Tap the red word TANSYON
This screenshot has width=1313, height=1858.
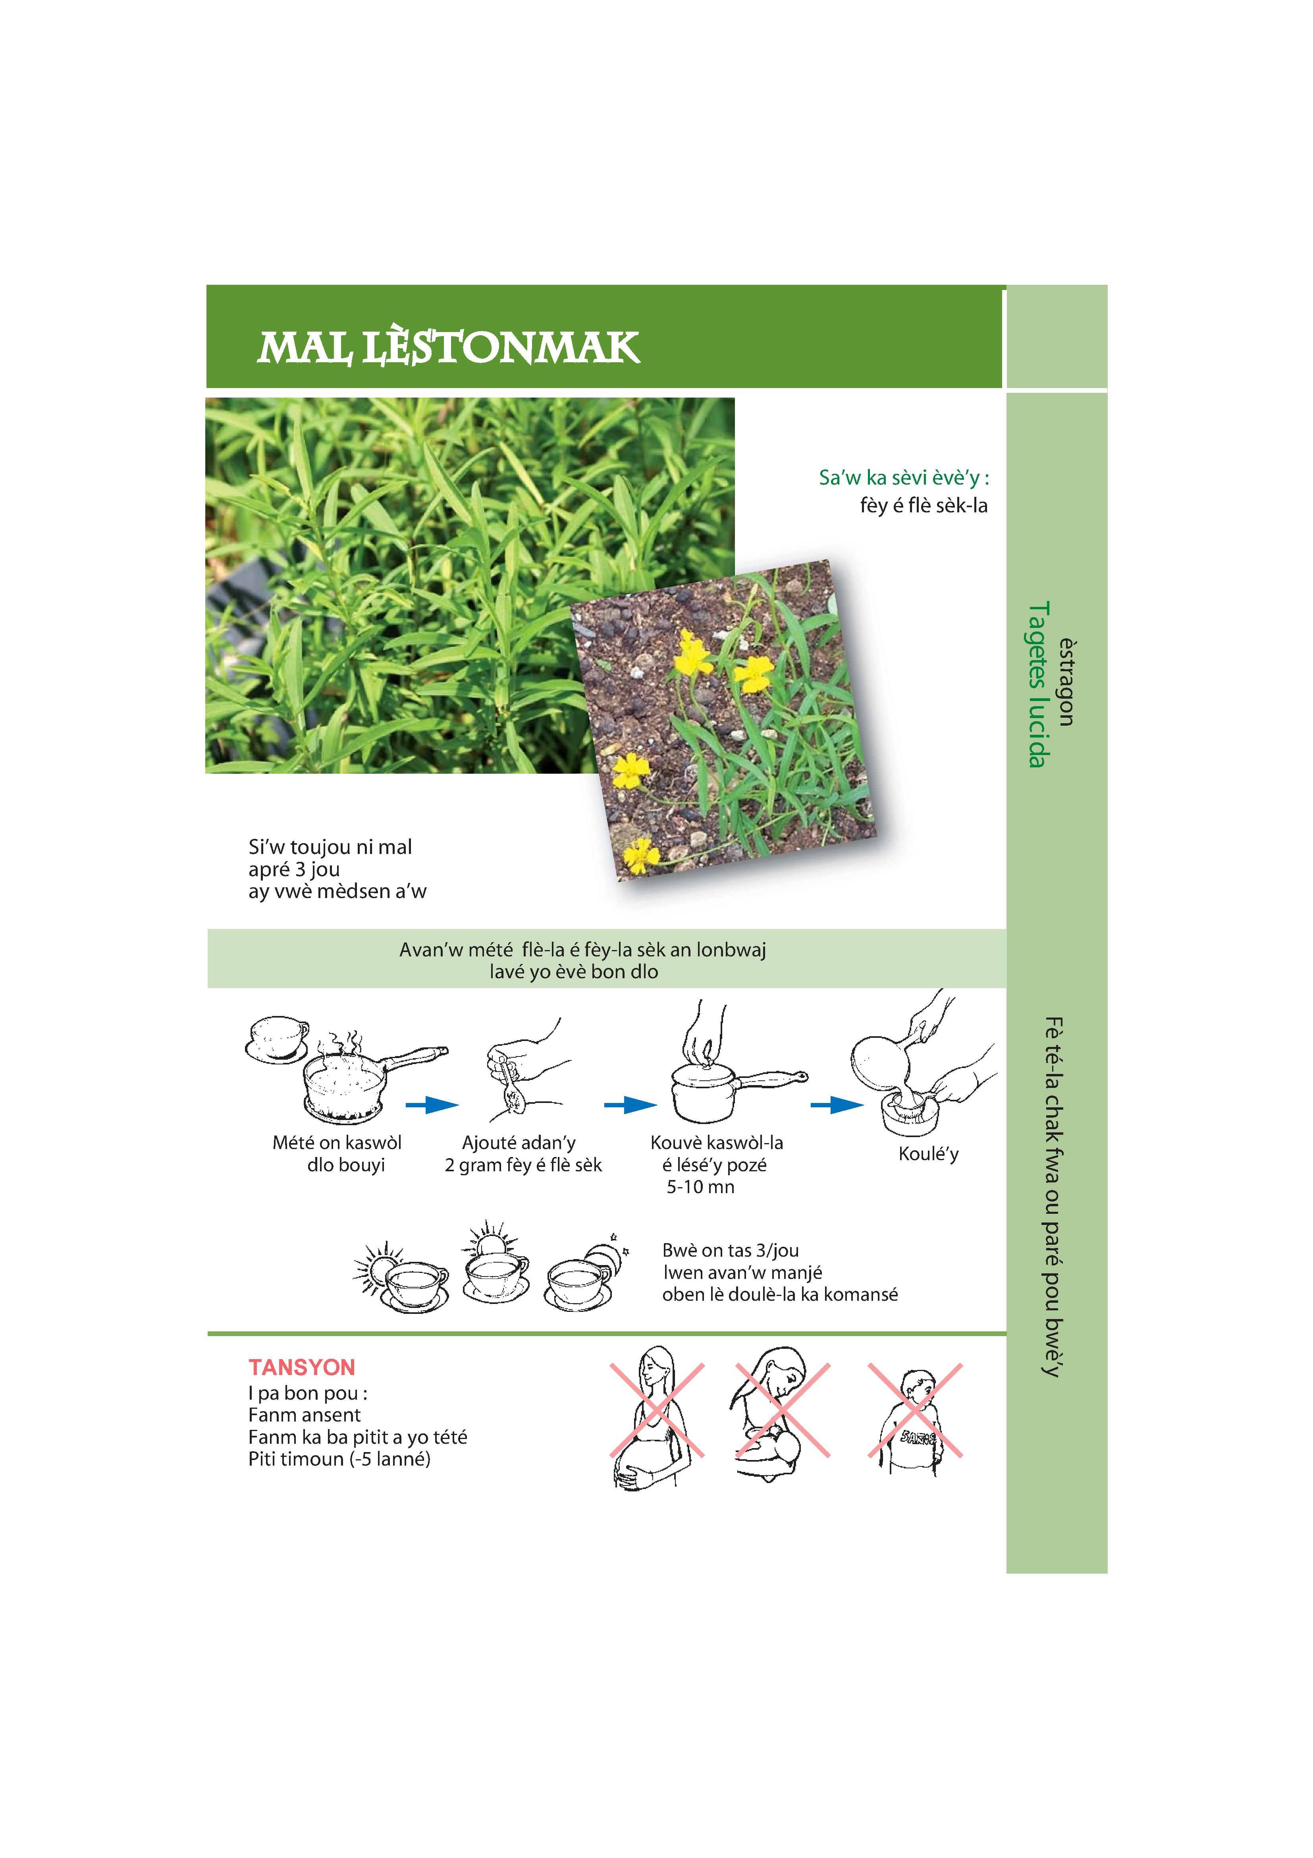click(x=302, y=1367)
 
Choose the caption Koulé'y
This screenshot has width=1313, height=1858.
click(x=928, y=1154)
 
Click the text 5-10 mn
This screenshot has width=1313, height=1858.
click(x=701, y=1187)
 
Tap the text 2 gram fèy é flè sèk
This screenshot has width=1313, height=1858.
click(x=523, y=1165)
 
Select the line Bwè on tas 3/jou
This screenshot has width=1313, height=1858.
click(x=731, y=1250)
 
